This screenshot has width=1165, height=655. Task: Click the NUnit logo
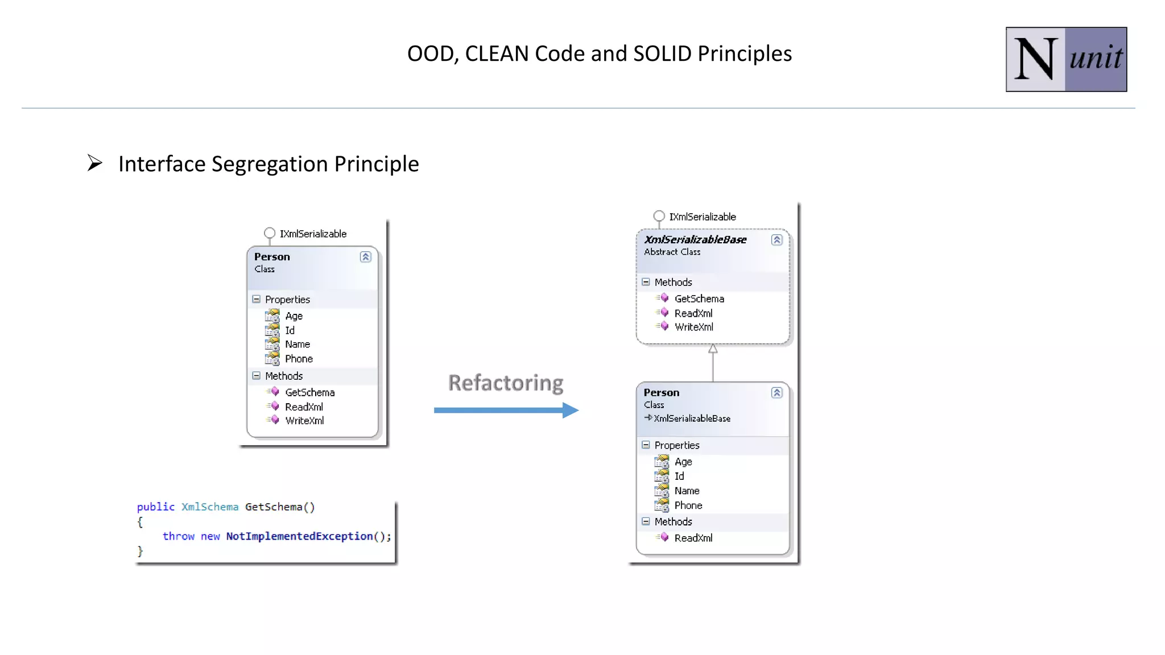pos(1065,59)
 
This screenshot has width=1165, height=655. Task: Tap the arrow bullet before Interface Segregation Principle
pos(94,163)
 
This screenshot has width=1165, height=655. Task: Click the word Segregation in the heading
pos(270,164)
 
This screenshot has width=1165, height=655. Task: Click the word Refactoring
pos(506,383)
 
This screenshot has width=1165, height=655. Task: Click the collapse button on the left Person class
pos(365,257)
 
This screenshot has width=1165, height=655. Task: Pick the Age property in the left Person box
pos(294,316)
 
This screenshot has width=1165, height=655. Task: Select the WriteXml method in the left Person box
pos(304,421)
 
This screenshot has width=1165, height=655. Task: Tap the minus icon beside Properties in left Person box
pos(257,299)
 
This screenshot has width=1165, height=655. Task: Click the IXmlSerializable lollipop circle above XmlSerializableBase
pos(659,216)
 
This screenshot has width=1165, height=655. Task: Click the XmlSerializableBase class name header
pos(695,240)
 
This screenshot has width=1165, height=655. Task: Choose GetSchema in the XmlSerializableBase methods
pos(699,299)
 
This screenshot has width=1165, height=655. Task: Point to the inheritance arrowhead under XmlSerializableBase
pos(713,349)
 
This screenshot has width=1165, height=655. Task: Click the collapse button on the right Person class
pos(776,393)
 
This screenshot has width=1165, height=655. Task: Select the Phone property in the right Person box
pos(688,505)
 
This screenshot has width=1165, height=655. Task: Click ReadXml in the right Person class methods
pos(693,538)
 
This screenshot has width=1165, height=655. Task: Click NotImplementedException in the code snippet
pos(299,536)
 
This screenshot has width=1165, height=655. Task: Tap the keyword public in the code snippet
pos(155,507)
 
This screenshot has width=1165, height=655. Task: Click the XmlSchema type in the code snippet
pos(209,507)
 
